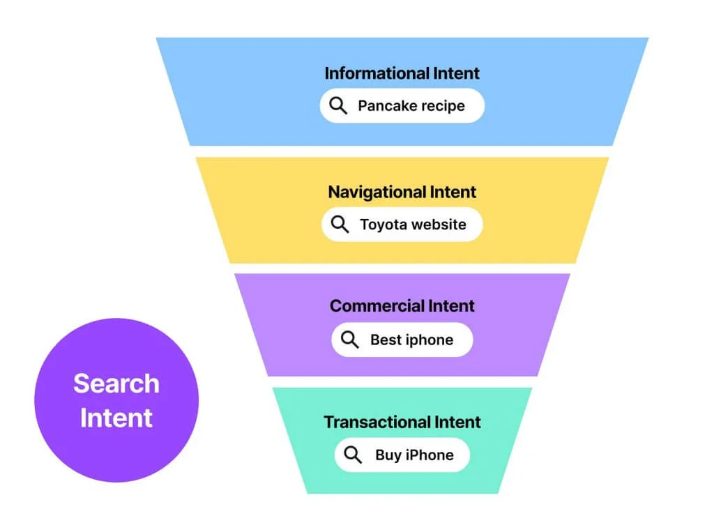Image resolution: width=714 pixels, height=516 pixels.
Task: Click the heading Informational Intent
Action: pos(402,73)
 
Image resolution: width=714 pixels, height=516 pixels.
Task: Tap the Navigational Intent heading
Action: pos(402,192)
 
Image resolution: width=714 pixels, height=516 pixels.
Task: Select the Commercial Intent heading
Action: pos(402,305)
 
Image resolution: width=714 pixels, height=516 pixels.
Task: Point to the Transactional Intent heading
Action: pos(402,422)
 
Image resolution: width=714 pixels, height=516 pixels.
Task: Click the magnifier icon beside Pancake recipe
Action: pos(338,105)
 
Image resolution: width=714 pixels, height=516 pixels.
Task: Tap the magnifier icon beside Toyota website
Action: pos(340,224)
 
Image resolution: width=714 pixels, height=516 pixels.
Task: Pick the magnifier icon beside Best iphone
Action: pos(350,340)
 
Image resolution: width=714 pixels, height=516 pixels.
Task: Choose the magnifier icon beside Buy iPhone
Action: pos(354,455)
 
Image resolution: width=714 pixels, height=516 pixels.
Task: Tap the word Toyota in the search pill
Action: pos(383,225)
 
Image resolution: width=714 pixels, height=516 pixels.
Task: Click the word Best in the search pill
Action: pos(384,340)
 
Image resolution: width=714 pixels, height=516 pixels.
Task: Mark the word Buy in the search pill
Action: pos(388,455)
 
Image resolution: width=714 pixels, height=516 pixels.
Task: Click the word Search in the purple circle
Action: pos(116,384)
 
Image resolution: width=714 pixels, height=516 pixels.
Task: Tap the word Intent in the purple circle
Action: pos(116,418)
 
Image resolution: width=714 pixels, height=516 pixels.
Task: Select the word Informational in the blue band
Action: pos(376,73)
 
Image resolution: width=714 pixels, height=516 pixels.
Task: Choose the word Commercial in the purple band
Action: pos(377,305)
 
